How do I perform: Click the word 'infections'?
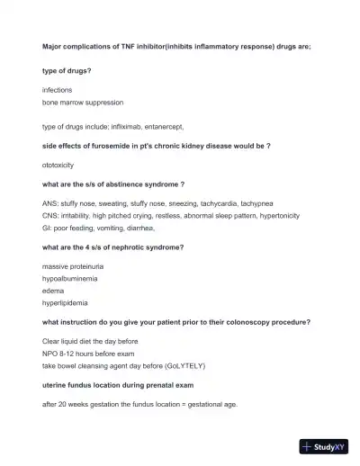pyautogui.click(x=58, y=91)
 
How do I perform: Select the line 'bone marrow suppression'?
pyautogui.click(x=83, y=103)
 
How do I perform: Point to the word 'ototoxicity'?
pyautogui.click(x=61, y=166)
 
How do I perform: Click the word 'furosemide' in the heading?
pyautogui.click(x=98, y=145)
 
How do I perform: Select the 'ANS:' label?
pyautogui.click(x=50, y=204)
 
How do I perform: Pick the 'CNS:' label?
pyautogui.click(x=51, y=216)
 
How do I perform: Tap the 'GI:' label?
pyautogui.click(x=48, y=228)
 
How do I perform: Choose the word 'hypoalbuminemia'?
pyautogui.click(x=70, y=279)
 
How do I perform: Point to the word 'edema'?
pyautogui.click(x=54, y=291)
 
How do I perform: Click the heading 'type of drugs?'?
pyautogui.click(x=72, y=70)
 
